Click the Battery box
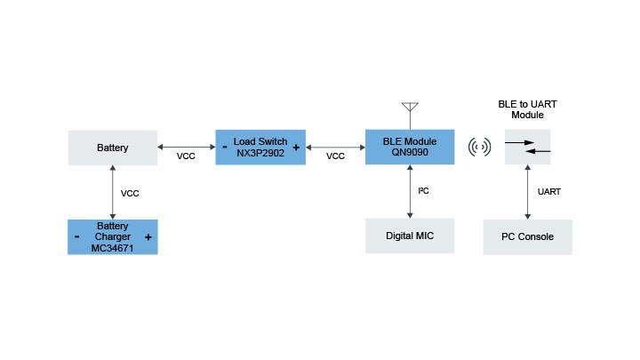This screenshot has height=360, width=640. [x=113, y=148]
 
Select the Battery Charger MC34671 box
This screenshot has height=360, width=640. [x=113, y=237]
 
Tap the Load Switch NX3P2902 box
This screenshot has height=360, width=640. [x=260, y=147]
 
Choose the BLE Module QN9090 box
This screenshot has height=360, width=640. [x=410, y=147]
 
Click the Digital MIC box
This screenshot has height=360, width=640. [x=410, y=236]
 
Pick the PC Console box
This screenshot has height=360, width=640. [x=527, y=237]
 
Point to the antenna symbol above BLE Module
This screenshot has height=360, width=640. [x=410, y=111]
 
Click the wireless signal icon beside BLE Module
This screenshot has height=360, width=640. [x=480, y=147]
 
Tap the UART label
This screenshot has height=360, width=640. [x=550, y=191]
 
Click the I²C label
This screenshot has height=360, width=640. [x=424, y=190]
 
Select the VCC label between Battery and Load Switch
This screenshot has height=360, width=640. [x=186, y=156]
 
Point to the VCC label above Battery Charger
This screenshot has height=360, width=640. [x=130, y=192]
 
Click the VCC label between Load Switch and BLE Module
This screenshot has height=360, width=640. [x=335, y=156]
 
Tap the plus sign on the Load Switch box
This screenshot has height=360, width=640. [x=295, y=148]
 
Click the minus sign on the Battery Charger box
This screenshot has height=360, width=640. [x=77, y=237]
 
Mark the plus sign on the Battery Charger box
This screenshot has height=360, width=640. [x=148, y=237]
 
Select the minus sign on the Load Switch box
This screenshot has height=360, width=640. [x=225, y=148]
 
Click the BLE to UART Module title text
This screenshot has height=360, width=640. [x=527, y=109]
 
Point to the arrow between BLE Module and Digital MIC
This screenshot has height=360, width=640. [x=410, y=191]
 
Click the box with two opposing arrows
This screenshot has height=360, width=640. [x=527, y=147]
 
